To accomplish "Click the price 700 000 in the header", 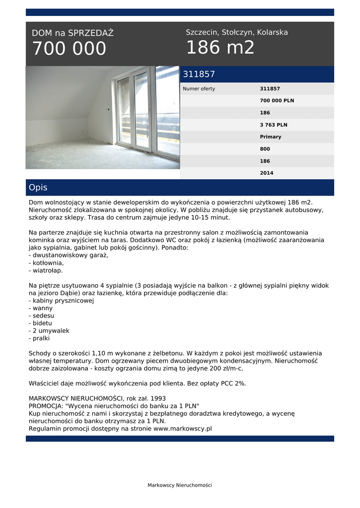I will point(69,49).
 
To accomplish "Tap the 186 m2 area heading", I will point(220,48).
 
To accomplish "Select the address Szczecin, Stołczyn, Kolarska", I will point(236,32).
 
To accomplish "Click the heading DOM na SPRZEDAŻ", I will point(72,33).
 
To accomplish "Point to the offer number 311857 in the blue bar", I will point(199,74).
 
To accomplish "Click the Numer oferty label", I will point(199,89).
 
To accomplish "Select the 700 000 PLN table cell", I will point(277,101).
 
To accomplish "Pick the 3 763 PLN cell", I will point(274,125).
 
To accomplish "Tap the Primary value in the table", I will point(270,137).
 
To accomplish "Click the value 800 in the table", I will point(265,149).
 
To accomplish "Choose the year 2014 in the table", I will point(267,173).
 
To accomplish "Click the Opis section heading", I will point(38,188).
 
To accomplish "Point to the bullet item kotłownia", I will point(47,263).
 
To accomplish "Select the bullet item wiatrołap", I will point(46,270).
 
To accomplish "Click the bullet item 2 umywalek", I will point(50,330).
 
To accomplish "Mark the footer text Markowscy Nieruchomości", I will point(180,485).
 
